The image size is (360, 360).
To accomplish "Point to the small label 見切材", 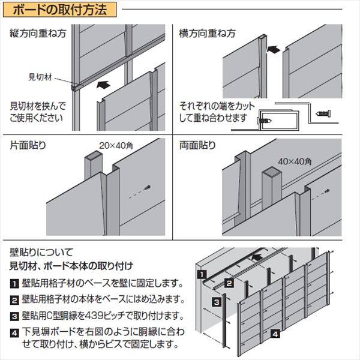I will (x=41, y=77).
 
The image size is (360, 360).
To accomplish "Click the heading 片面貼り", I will (x=28, y=145).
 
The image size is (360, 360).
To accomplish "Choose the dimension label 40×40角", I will (x=294, y=161).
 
